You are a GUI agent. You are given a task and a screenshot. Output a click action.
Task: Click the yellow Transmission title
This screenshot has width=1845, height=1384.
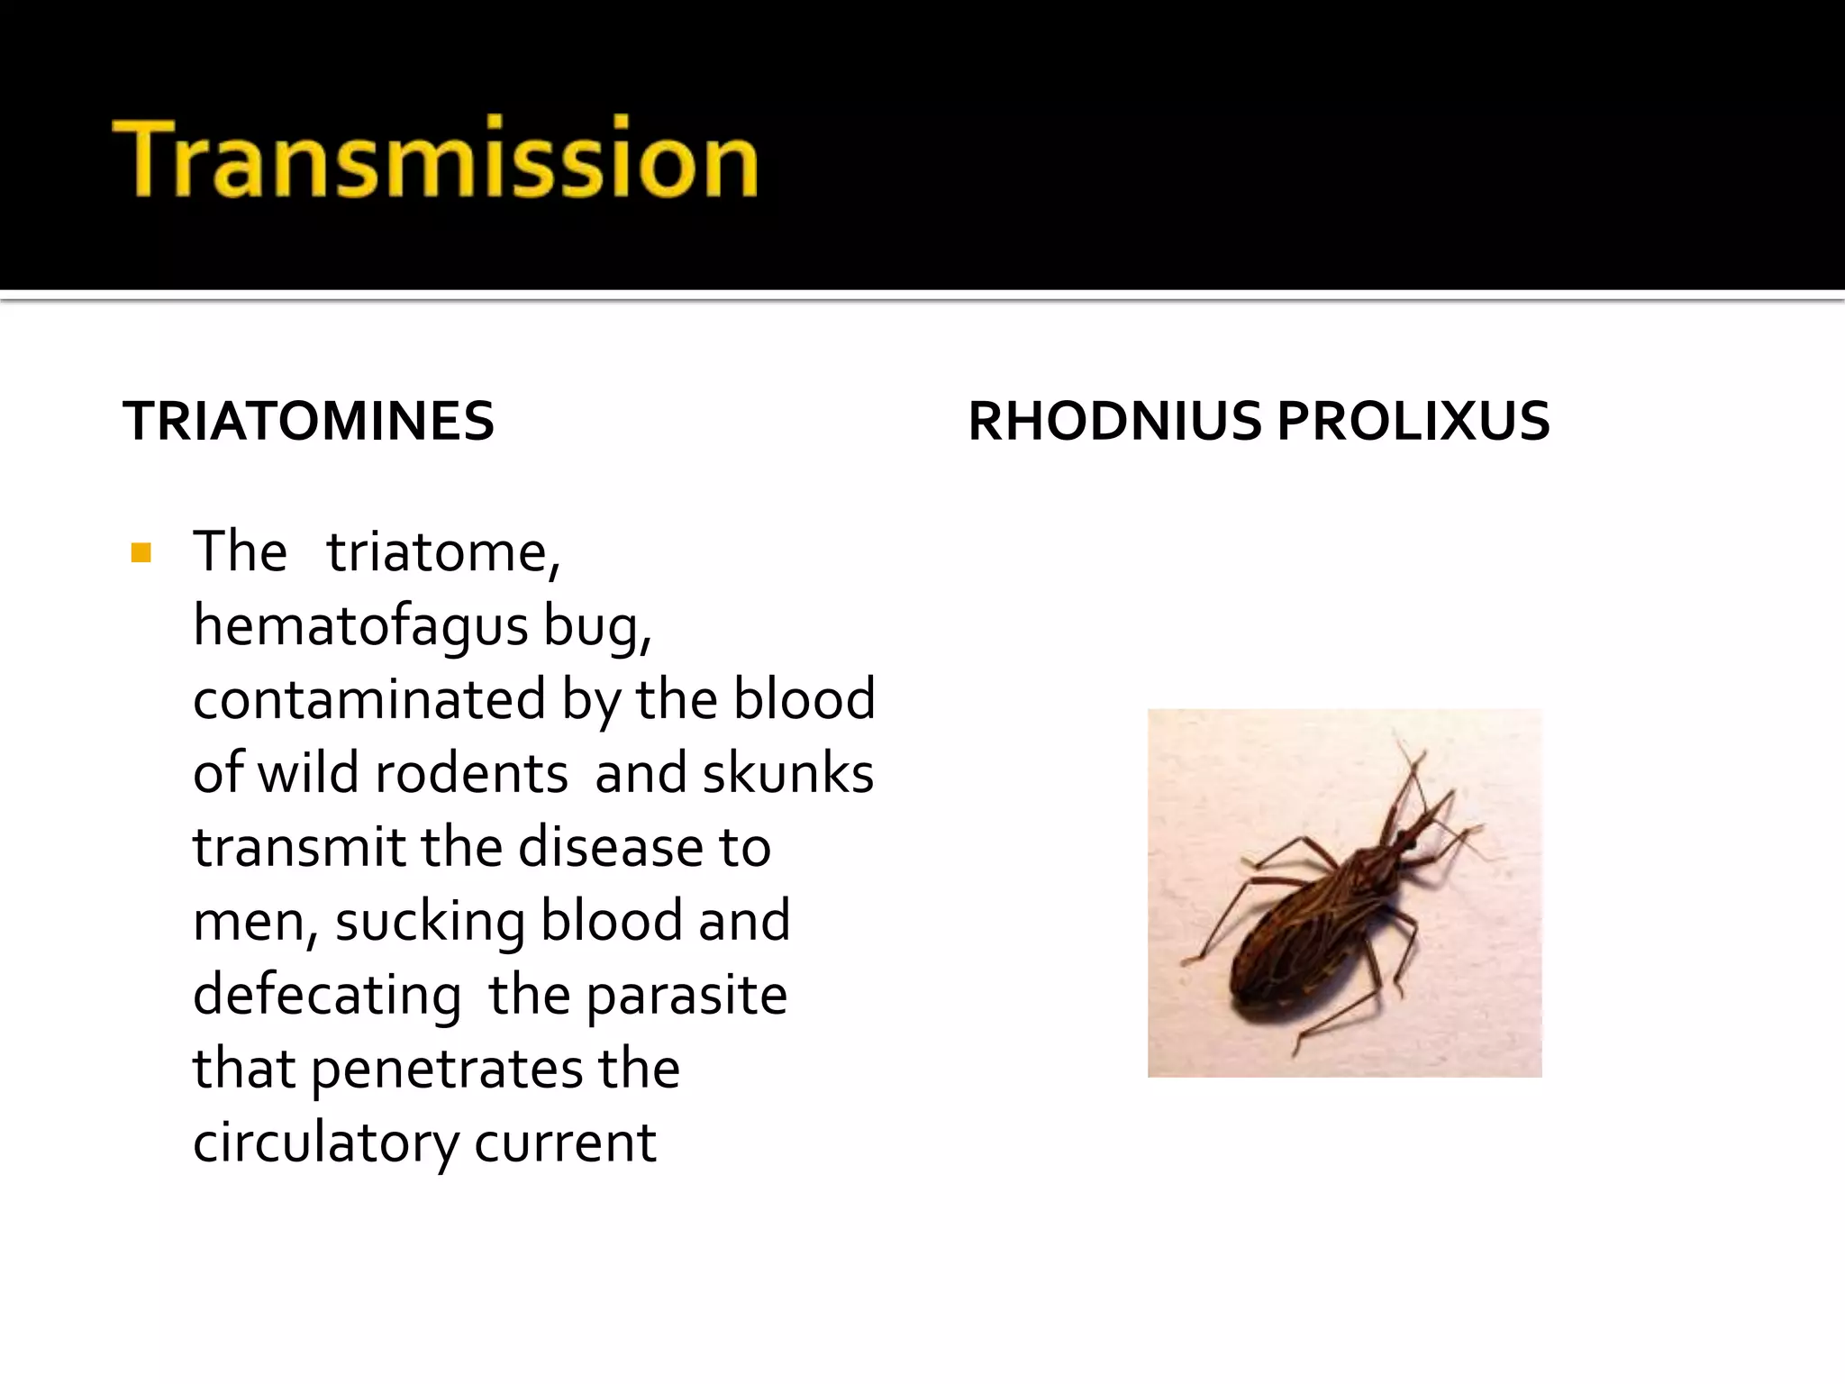[435, 159]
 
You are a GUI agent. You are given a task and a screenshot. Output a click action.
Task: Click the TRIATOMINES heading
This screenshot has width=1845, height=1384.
[309, 421]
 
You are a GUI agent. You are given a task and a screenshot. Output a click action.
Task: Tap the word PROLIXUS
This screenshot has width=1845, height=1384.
[1413, 421]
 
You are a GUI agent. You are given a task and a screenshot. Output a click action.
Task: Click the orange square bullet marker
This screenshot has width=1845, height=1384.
[141, 552]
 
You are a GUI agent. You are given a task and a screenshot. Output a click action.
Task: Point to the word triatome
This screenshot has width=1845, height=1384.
[442, 551]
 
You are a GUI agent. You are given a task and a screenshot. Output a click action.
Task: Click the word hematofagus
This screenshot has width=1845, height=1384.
[360, 626]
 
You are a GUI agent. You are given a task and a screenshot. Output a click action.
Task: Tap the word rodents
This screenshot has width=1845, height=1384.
[471, 773]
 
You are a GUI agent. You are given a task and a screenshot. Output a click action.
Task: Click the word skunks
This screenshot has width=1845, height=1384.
[787, 773]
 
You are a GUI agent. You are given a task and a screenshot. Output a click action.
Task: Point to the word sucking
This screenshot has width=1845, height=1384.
[430, 922]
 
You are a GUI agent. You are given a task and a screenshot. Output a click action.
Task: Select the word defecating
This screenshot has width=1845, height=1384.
[327, 996]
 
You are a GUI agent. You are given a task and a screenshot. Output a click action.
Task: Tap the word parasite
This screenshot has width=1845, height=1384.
[686, 996]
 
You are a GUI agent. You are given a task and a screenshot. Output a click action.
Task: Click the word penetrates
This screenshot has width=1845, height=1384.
[447, 1070]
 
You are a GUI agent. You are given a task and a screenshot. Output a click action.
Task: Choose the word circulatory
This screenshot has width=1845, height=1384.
[325, 1143]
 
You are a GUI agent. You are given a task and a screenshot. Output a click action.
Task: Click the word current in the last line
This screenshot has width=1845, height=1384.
[565, 1143]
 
